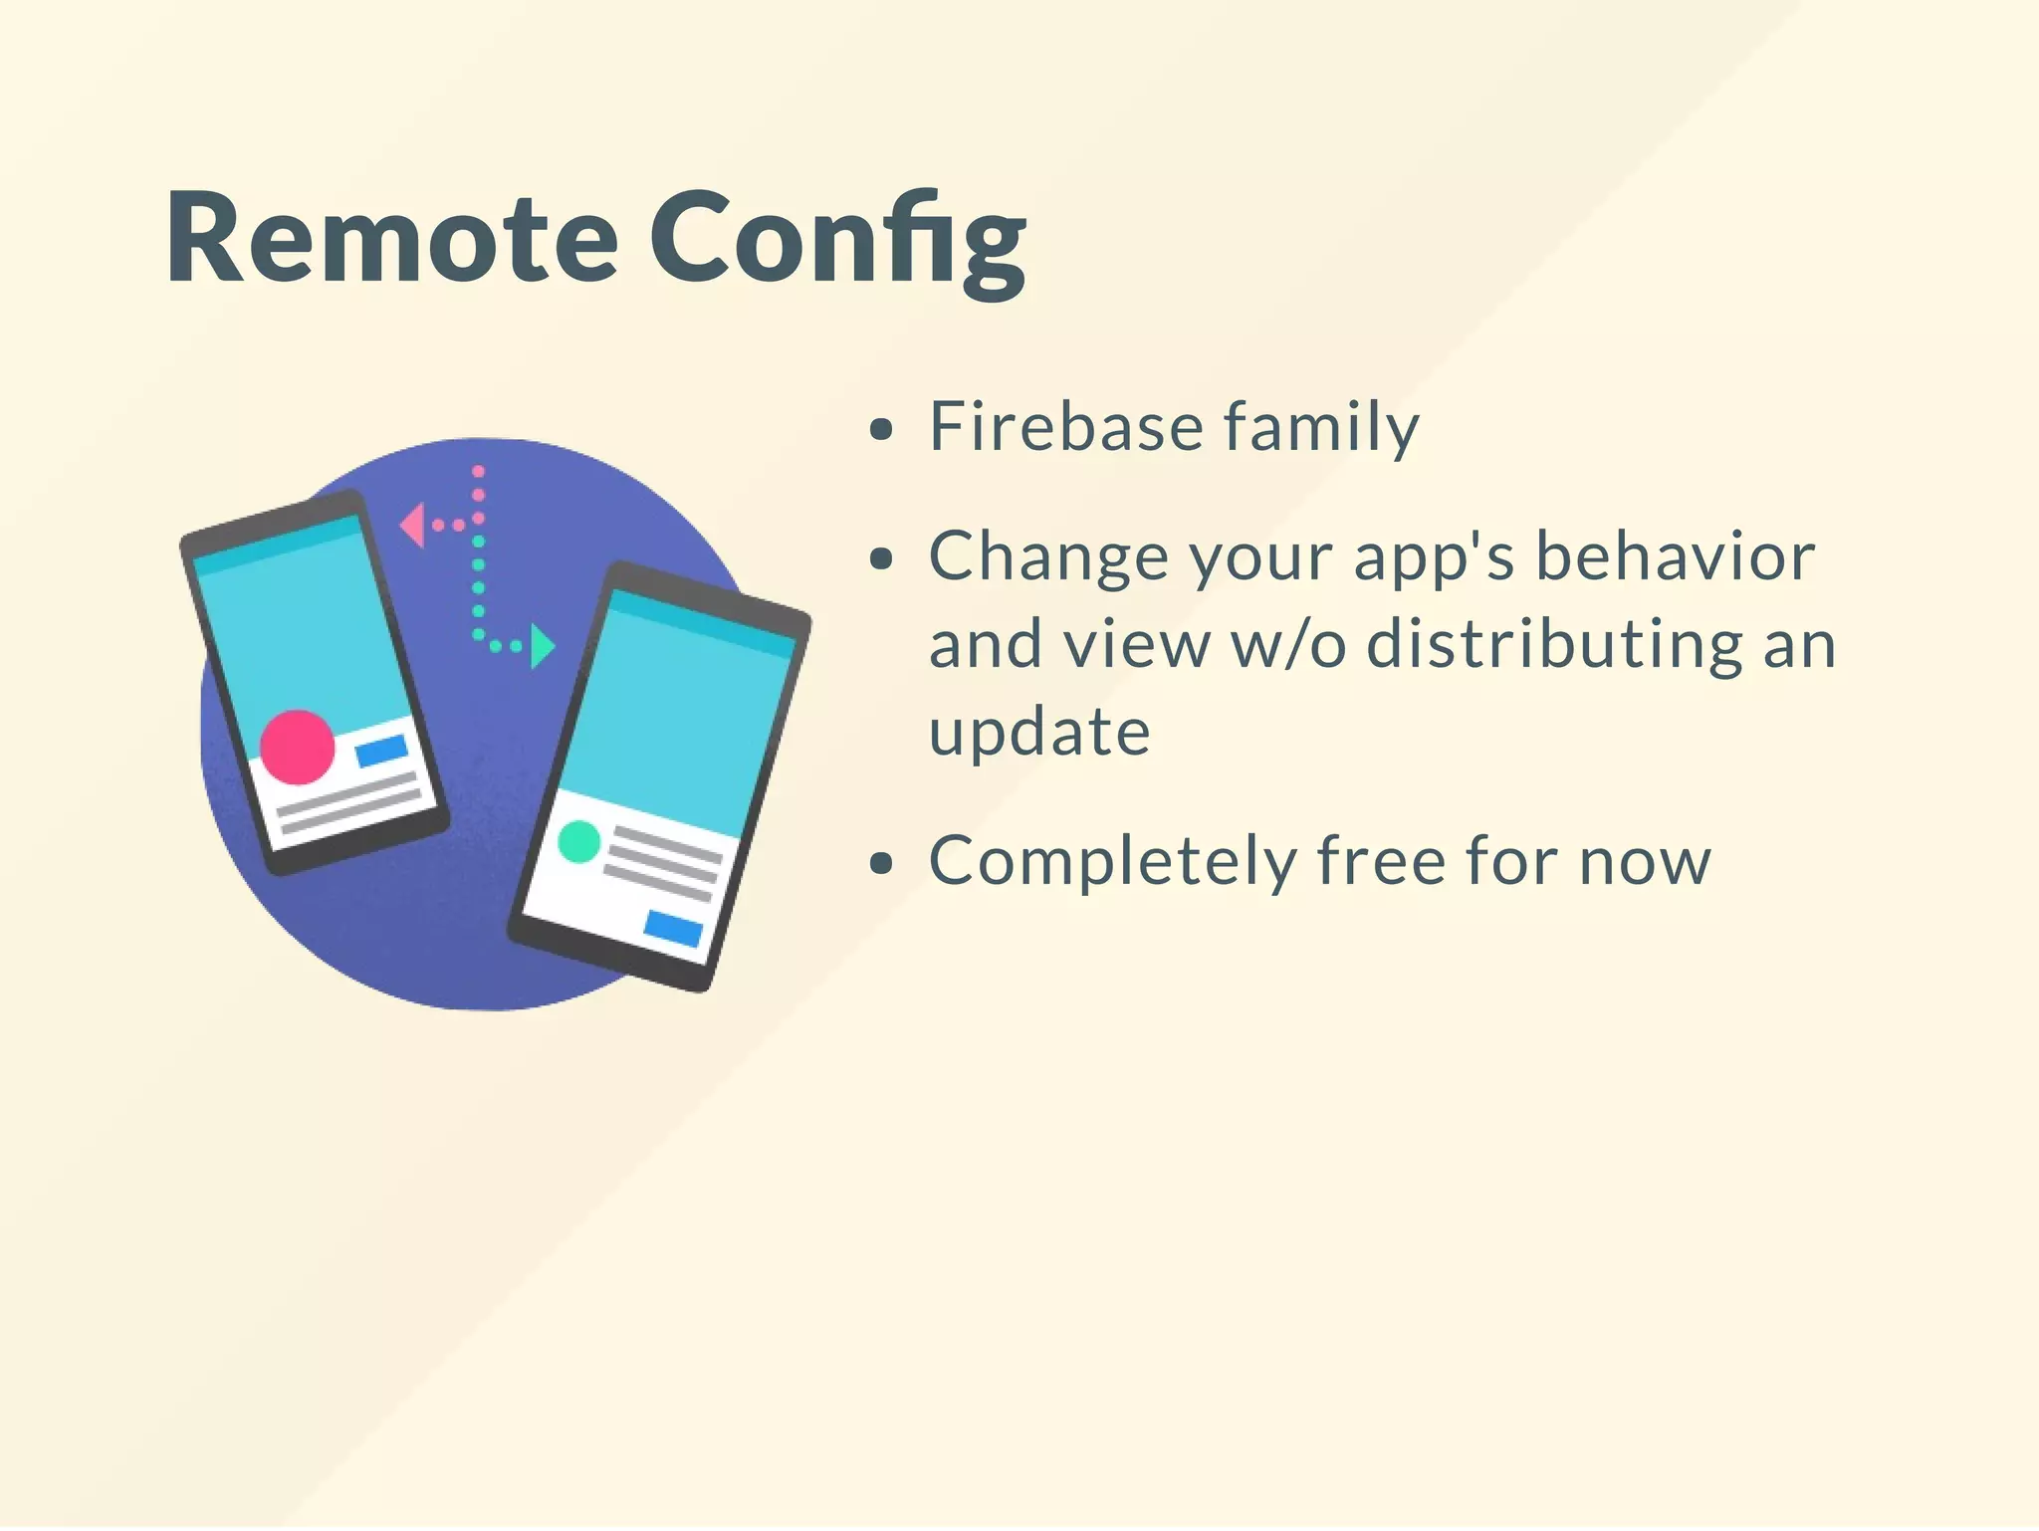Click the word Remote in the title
(391, 239)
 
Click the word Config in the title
(837, 242)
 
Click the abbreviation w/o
(1288, 644)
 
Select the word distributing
(1553, 644)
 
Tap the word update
(1039, 734)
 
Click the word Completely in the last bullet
(1112, 861)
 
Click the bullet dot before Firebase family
(880, 430)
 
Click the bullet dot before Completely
(880, 863)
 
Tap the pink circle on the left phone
(297, 747)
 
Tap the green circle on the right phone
(578, 841)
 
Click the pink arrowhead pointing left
(412, 525)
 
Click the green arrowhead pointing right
(542, 646)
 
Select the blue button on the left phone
(381, 751)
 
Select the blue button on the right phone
(673, 928)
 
